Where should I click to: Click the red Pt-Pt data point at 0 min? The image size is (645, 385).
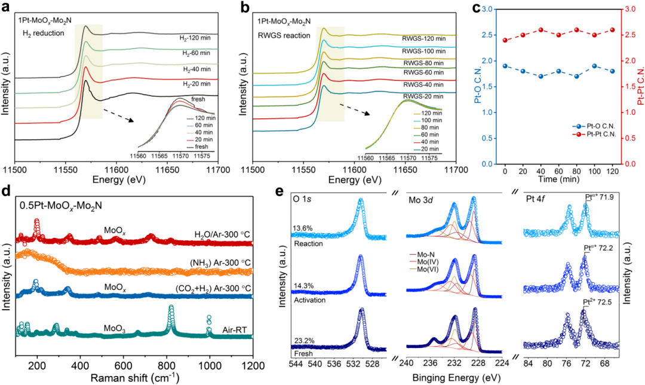pos(505,40)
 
